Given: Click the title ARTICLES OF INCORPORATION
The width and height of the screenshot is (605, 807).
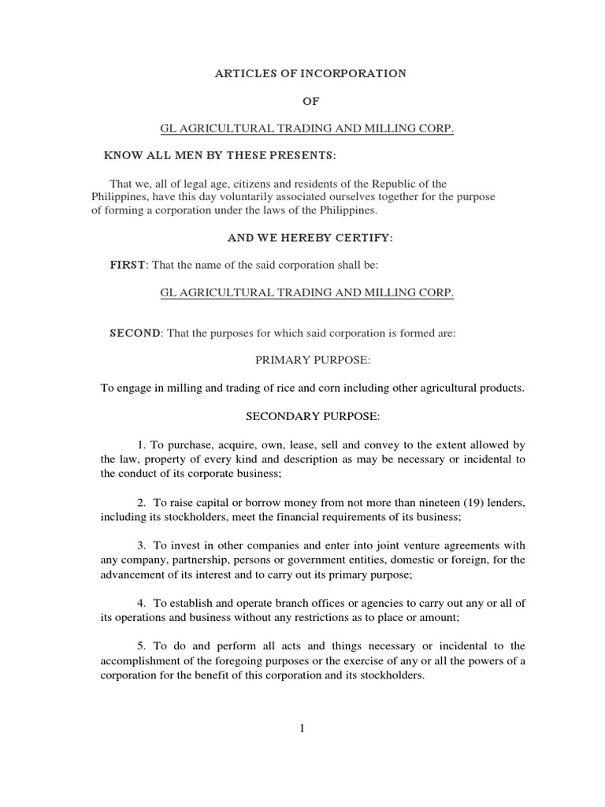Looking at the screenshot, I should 311,73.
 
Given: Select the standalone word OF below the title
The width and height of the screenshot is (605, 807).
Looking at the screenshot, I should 312,101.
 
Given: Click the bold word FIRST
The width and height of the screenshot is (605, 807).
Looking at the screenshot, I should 127,265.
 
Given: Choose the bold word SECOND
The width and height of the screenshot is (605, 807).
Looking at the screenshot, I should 135,333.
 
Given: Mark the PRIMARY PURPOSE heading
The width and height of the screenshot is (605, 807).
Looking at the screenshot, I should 312,360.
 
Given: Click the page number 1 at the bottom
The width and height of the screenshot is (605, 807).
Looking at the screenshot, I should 302,730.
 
